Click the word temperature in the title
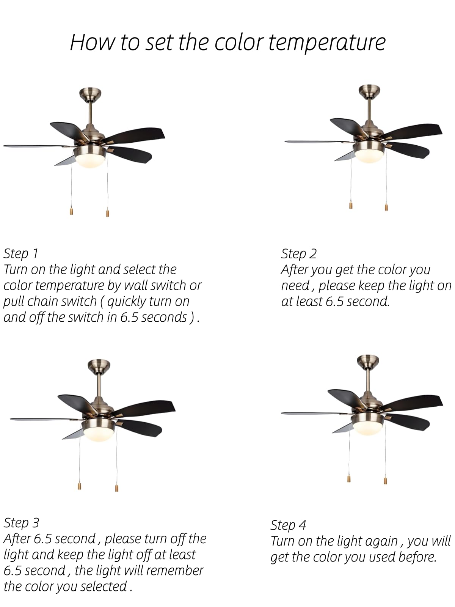tap(327, 42)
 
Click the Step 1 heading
tap(21, 253)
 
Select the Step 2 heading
tap(299, 254)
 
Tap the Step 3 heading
tap(21, 523)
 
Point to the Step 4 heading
tap(288, 525)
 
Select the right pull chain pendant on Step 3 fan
tap(117, 488)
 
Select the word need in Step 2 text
tap(295, 286)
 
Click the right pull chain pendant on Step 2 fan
tap(386, 208)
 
